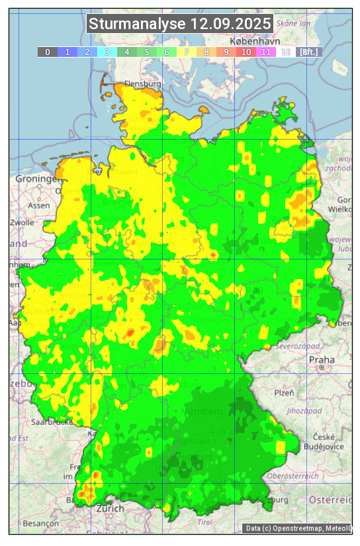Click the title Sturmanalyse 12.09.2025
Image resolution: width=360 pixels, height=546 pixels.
pyautogui.click(x=180, y=24)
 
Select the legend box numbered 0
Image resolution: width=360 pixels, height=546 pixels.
pyautogui.click(x=47, y=52)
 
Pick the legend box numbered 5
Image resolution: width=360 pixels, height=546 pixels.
pyautogui.click(x=147, y=52)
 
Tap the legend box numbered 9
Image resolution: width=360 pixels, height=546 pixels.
pyautogui.click(x=226, y=52)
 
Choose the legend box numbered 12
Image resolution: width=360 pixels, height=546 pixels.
pyautogui.click(x=286, y=52)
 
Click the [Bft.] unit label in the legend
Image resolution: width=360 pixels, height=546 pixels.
pyautogui.click(x=308, y=52)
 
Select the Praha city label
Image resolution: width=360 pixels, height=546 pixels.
pyautogui.click(x=322, y=359)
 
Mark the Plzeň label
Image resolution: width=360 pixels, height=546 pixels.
pyautogui.click(x=284, y=392)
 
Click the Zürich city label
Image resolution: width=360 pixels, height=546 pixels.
pyautogui.click(x=110, y=508)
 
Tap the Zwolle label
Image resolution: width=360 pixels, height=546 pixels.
pyautogui.click(x=22, y=222)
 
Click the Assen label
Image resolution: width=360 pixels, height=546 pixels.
pyautogui.click(x=38, y=205)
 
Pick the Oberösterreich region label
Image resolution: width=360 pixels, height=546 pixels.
pyautogui.click(x=293, y=475)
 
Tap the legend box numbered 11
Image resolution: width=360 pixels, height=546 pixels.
pyautogui.click(x=266, y=52)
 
